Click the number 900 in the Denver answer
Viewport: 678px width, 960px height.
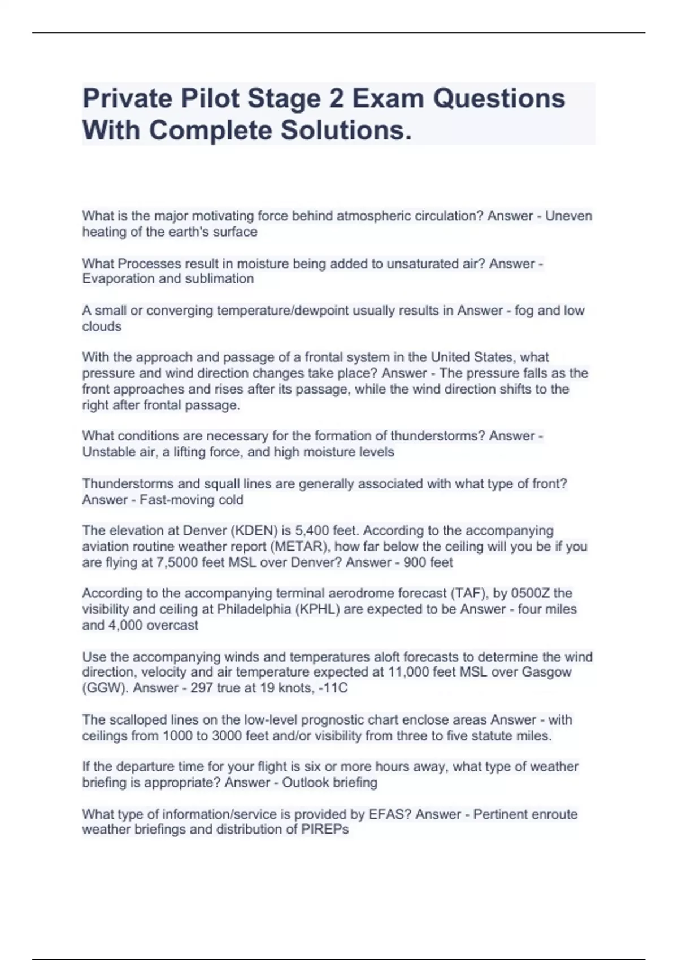pos(415,562)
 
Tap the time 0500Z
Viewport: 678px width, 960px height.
pos(530,594)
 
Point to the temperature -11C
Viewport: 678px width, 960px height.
pos(333,688)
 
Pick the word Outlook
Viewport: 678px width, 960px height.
pos(306,783)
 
